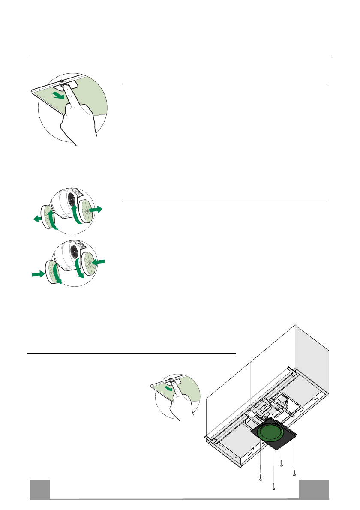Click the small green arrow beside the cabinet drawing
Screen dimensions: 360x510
(171, 390)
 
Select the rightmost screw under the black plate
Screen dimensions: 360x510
(294, 473)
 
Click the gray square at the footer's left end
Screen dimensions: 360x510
(39, 489)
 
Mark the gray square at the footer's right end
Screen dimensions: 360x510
(314, 489)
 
